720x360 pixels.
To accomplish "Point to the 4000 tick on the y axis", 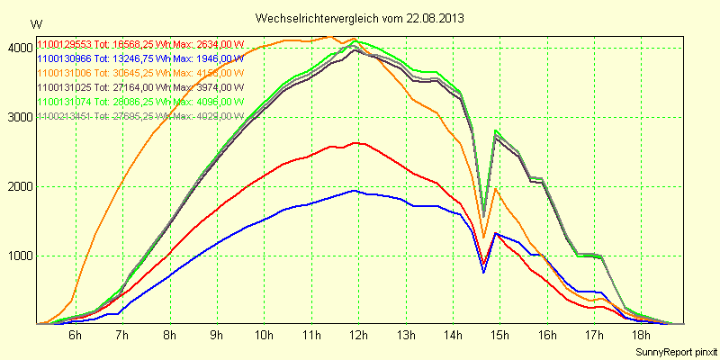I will pos(17,48).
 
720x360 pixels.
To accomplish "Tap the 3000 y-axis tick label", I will pos(17,117).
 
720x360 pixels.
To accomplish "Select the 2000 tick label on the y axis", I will pos(17,186).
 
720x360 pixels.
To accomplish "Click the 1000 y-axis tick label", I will pos(17,256).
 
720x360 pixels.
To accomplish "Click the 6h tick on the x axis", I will pos(76,335).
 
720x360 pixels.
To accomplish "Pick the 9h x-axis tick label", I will pos(217,335).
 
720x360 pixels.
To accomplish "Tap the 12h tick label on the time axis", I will pos(358,335).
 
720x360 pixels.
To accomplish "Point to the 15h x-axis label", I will pos(499,335).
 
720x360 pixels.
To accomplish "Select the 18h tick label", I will pos(641,335).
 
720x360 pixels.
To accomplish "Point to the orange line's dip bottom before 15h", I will pos(483,238).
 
